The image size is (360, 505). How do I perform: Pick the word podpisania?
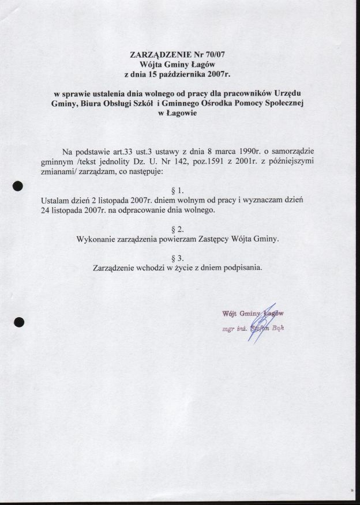(242, 267)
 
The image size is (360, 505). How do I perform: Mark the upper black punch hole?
(18, 186)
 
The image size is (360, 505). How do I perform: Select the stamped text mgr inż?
(234, 329)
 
